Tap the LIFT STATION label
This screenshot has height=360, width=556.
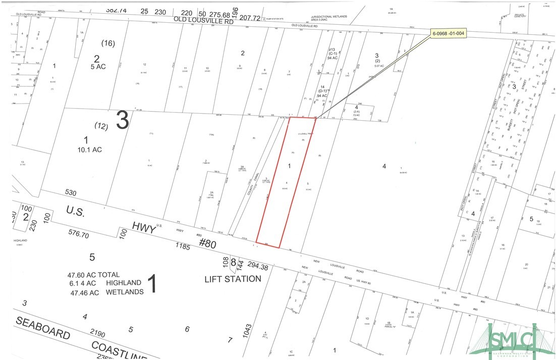[233, 279]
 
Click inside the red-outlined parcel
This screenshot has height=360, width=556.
[285, 182]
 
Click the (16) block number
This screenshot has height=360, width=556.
[108, 43]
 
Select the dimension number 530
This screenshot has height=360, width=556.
[71, 192]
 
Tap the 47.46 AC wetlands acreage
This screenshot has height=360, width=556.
[83, 292]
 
